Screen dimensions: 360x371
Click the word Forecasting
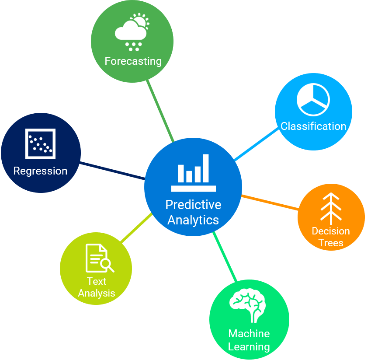click(x=133, y=61)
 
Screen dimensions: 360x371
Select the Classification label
click(x=313, y=126)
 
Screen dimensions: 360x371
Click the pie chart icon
click(x=313, y=99)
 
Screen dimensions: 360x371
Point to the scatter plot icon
click(x=40, y=143)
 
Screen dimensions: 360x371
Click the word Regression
click(x=40, y=171)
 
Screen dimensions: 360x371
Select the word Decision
click(x=331, y=231)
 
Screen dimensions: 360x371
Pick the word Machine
click(x=249, y=334)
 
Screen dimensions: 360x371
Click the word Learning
click(x=249, y=347)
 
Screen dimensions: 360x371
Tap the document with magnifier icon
click(x=99, y=258)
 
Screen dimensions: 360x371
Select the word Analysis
click(x=96, y=293)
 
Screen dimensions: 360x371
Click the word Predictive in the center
click(x=193, y=205)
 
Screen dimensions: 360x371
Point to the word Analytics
click(x=193, y=220)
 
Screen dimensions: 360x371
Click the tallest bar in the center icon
click(x=205, y=168)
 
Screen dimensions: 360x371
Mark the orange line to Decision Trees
click(x=270, y=203)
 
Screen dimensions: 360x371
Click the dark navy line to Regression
click(x=112, y=171)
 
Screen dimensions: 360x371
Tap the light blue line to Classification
click(x=257, y=144)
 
